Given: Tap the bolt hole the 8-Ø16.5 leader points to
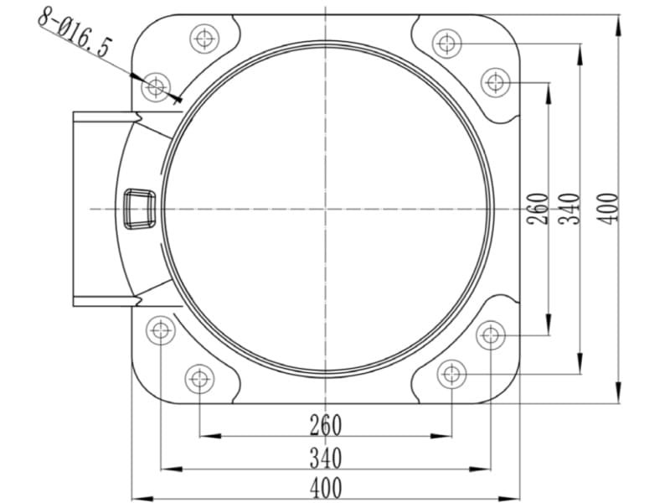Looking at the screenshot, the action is [x=156, y=87].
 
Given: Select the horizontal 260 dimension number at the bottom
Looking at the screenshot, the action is [x=326, y=425].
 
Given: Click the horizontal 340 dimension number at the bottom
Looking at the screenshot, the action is [x=326, y=458].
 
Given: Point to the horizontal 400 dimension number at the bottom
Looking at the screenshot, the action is [x=326, y=488].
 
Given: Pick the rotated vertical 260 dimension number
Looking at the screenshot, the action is [x=538, y=209].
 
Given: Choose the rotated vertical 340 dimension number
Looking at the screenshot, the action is [x=569, y=209].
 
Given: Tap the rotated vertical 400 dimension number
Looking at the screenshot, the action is [x=608, y=209].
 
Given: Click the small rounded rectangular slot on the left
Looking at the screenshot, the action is [x=139, y=209].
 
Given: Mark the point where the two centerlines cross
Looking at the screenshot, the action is [x=326, y=209].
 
